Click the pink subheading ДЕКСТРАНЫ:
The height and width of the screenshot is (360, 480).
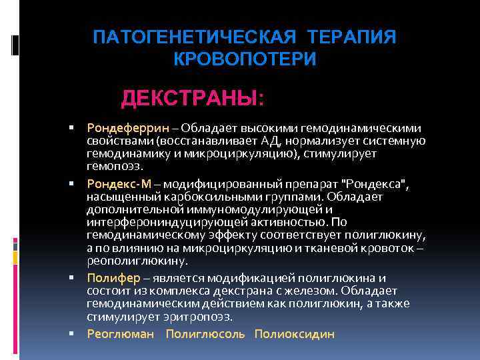pyautogui.click(x=193, y=99)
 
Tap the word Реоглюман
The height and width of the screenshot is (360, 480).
pyautogui.click(x=120, y=334)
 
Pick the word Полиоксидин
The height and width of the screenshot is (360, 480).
pyautogui.click(x=295, y=334)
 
